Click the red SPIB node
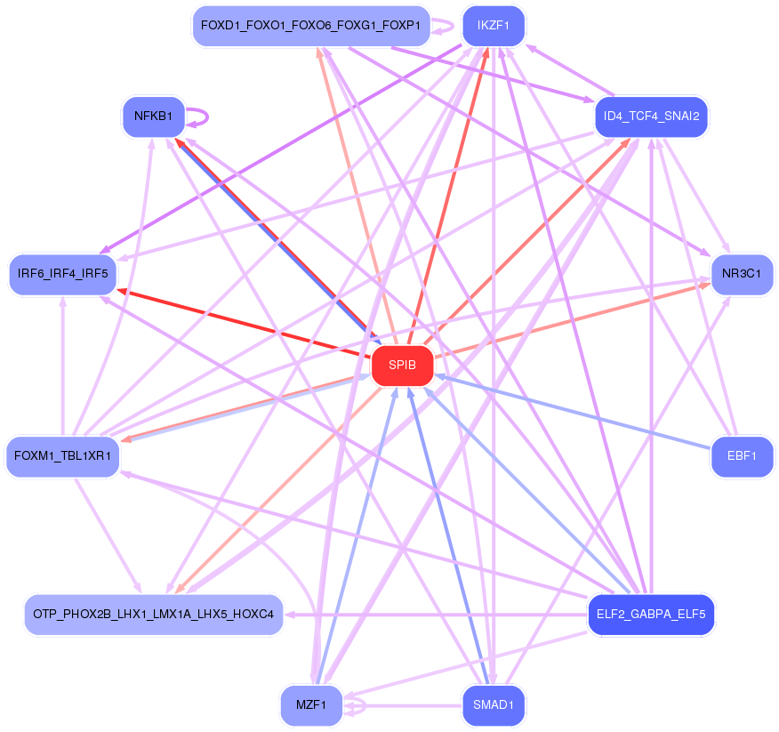pos(402,366)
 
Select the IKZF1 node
pos(493,26)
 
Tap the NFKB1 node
pos(153,117)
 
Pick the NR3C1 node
pos(742,274)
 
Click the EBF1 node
pos(742,456)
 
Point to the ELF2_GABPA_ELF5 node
pos(652,614)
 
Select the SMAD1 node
pos(493,705)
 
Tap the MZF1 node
pos(311,705)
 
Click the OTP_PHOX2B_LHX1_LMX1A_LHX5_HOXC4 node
pos(154,614)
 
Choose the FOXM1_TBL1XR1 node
pos(62,456)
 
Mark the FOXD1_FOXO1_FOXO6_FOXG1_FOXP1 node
pos(310,26)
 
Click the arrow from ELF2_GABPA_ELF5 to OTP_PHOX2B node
pos(436,614)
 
